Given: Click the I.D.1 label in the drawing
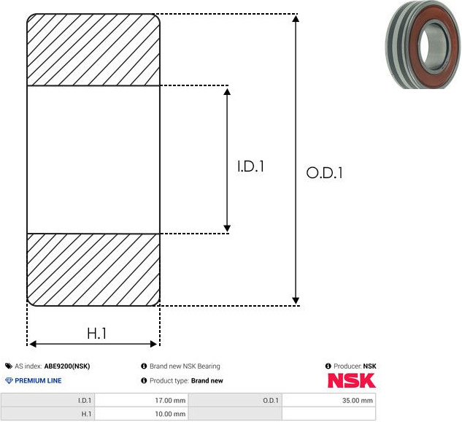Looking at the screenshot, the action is [x=250, y=166].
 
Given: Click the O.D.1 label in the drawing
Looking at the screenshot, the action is [x=324, y=173].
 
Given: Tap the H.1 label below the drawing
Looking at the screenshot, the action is [x=96, y=334].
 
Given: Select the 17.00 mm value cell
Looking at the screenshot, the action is [x=142, y=400].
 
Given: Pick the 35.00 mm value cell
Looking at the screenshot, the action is [x=329, y=400].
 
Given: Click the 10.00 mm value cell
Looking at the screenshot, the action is [x=142, y=414].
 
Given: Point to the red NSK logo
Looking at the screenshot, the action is [x=352, y=380].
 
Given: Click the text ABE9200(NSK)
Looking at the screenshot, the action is [x=67, y=366].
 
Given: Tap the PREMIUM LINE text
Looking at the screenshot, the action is [x=38, y=380].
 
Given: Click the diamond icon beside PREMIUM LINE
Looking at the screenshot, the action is [x=9, y=380].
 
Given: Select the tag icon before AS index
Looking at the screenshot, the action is [x=9, y=366].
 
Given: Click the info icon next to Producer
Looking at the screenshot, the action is [x=328, y=366].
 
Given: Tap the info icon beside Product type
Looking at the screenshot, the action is [x=144, y=380].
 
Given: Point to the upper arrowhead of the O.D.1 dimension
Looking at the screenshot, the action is [x=296, y=18].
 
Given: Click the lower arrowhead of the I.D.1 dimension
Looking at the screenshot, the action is [x=227, y=228].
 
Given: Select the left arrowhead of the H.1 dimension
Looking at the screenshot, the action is [x=32, y=344].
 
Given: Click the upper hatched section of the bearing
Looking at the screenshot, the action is [x=93, y=50].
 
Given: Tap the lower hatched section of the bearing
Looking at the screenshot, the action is [x=93, y=269].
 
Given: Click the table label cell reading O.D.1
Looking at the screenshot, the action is [x=235, y=400].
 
